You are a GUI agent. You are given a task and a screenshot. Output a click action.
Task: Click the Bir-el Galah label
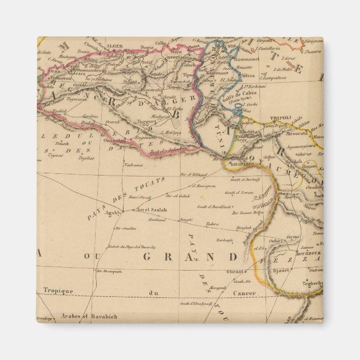[x=178, y=196]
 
